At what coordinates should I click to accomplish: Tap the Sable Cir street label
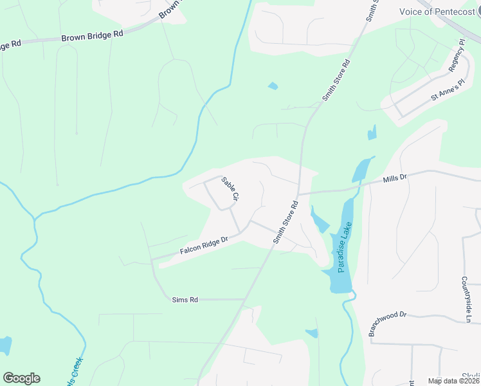tap(230, 188)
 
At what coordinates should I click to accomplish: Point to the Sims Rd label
tap(185, 300)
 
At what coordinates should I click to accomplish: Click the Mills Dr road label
tap(395, 178)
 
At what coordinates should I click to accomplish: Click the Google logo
tap(21, 378)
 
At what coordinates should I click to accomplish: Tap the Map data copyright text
tap(453, 381)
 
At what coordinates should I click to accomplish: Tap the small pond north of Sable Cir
tap(273, 86)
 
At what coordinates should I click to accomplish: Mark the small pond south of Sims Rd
tap(312, 333)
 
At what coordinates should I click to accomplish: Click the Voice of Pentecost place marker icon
tap(477, 12)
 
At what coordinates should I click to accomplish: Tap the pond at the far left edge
tap(5, 345)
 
